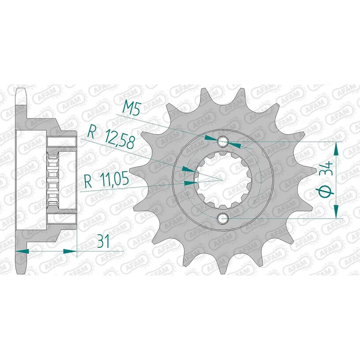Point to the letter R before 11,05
coord(88,181)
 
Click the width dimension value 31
coord(103,242)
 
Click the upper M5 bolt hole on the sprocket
coord(223,142)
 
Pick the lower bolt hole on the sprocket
coord(223,218)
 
